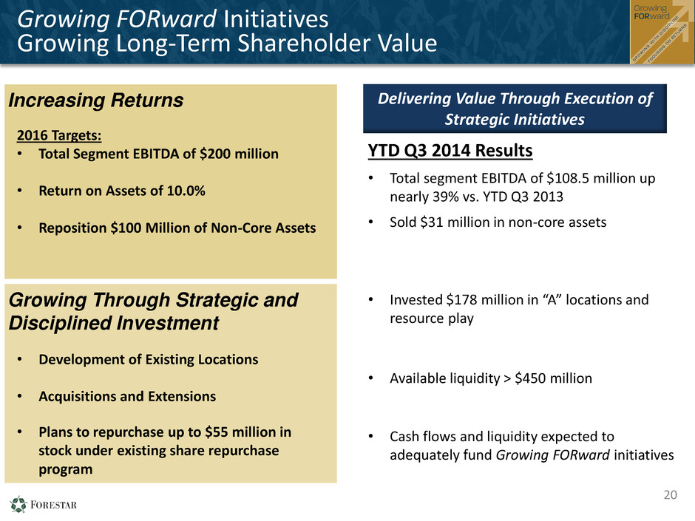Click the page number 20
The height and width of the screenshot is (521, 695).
point(670,494)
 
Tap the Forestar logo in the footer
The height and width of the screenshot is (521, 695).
point(43,505)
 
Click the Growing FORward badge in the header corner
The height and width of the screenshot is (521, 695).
point(662,32)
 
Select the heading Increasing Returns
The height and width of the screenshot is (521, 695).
point(95,100)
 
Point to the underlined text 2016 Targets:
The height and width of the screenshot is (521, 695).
point(59,135)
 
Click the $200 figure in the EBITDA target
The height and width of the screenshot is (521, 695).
point(215,154)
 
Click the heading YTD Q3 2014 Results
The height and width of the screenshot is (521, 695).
point(450,151)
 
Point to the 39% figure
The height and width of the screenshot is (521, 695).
point(445,197)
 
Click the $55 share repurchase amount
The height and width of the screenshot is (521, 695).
point(217,432)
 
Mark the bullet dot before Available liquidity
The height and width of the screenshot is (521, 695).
point(371,378)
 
